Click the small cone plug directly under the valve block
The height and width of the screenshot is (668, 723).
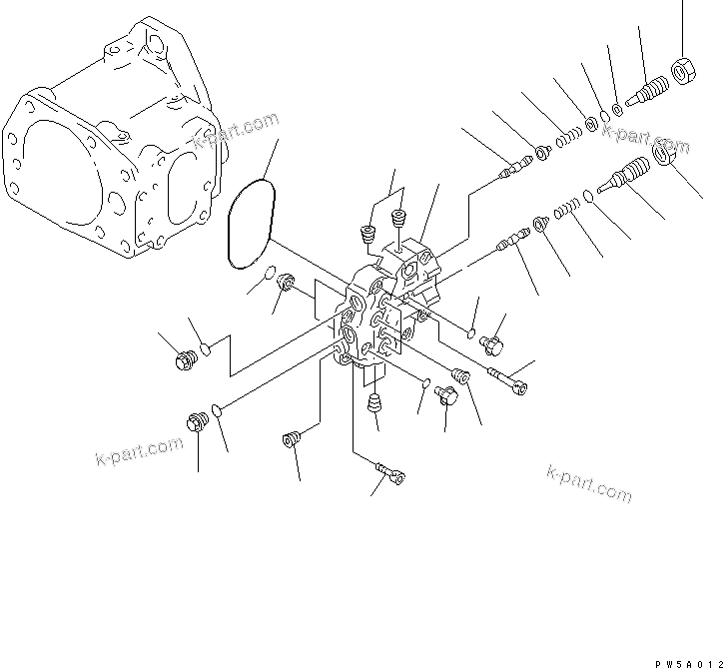[x=375, y=404]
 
